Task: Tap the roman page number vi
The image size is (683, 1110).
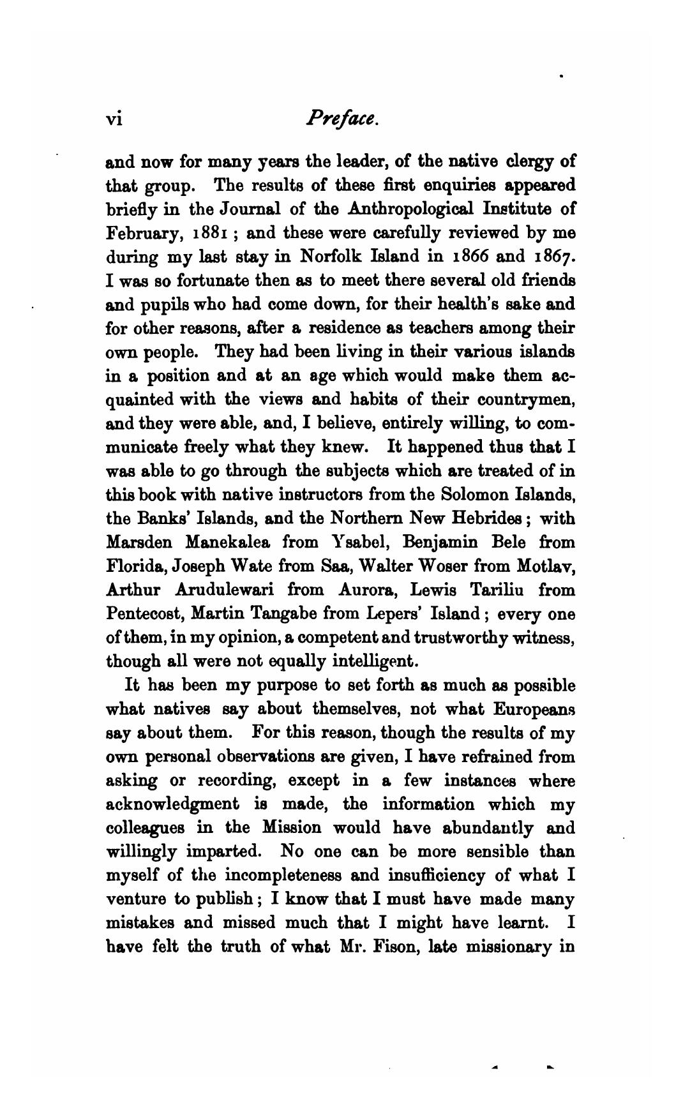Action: click(114, 119)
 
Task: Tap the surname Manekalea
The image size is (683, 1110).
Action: click(228, 543)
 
